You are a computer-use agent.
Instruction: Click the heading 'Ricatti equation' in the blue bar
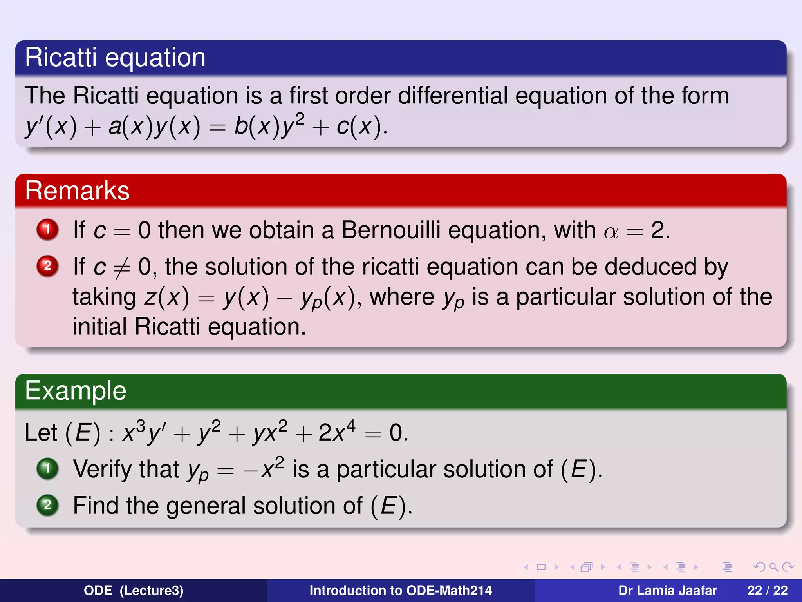pyautogui.click(x=115, y=58)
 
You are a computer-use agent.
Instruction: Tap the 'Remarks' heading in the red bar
pyautogui.click(x=77, y=191)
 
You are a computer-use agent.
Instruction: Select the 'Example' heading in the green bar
pyautogui.click(x=76, y=391)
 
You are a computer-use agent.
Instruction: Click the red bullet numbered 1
pyautogui.click(x=47, y=229)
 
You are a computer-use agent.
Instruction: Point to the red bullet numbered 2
pyautogui.click(x=47, y=266)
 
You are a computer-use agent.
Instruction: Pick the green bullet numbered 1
pyautogui.click(x=47, y=468)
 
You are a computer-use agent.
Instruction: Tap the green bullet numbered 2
pyautogui.click(x=47, y=505)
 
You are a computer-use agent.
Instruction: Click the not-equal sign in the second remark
pyautogui.click(x=121, y=268)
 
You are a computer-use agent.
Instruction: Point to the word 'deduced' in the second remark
pyautogui.click(x=650, y=267)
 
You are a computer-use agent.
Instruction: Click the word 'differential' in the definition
pyautogui.click(x=453, y=96)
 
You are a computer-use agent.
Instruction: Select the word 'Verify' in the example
pyautogui.click(x=126, y=469)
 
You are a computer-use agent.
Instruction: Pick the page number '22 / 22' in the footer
pyautogui.click(x=767, y=590)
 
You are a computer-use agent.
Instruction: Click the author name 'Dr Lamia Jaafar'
pyautogui.click(x=667, y=590)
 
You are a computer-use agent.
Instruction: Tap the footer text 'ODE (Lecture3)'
pyautogui.click(x=134, y=590)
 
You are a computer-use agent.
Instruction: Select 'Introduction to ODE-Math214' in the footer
pyautogui.click(x=401, y=590)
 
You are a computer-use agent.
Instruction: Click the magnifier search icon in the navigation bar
pyautogui.click(x=773, y=567)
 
